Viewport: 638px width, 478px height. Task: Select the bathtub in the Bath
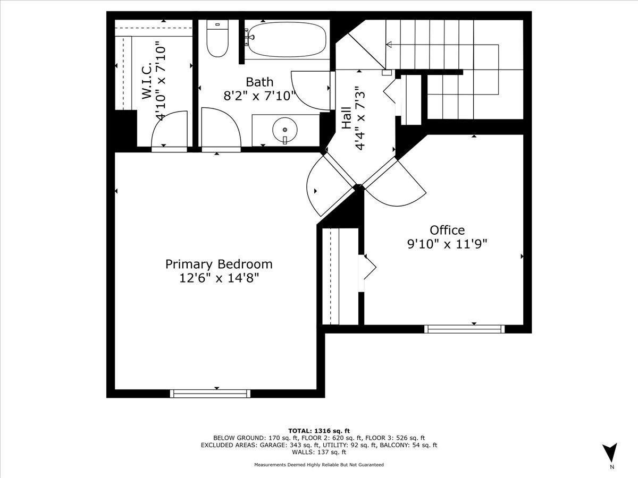pyautogui.click(x=287, y=39)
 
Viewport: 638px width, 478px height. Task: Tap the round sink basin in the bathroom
pyautogui.click(x=285, y=130)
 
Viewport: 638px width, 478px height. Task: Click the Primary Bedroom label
pyautogui.click(x=219, y=264)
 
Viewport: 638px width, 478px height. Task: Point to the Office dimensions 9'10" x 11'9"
pyautogui.click(x=447, y=244)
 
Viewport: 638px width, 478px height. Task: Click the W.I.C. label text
pyautogui.click(x=147, y=81)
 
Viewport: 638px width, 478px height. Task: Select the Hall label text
pyautogui.click(x=347, y=117)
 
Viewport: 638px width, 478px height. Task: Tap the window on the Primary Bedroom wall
pyautogui.click(x=210, y=394)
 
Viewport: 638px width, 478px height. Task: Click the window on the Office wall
pyautogui.click(x=465, y=329)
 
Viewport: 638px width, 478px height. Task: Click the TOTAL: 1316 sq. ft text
pyautogui.click(x=319, y=431)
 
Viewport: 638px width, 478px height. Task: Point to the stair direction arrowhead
pyautogui.click(x=389, y=45)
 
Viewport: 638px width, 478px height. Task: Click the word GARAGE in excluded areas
pyautogui.click(x=272, y=445)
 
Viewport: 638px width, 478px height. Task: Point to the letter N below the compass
pyautogui.click(x=612, y=475)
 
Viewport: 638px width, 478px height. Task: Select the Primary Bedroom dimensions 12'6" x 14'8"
pyautogui.click(x=219, y=278)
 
